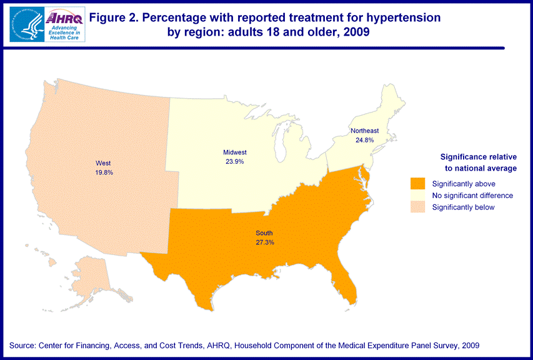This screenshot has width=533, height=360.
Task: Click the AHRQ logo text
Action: [x=64, y=18]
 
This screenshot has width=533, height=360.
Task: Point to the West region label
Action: [x=104, y=163]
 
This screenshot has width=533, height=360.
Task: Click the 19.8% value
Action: [x=104, y=172]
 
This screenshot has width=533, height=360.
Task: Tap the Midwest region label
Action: [x=235, y=152]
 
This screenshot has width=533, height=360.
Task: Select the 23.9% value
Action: [x=235, y=161]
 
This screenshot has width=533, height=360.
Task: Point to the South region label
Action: [x=264, y=233]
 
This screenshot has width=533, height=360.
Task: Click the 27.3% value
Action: [x=264, y=242]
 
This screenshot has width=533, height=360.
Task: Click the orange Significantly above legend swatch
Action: [x=417, y=184]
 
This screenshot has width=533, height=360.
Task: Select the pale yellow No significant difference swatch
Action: [x=417, y=196]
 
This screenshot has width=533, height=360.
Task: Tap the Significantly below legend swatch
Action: [x=417, y=207]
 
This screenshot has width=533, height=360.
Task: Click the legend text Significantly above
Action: [x=463, y=184]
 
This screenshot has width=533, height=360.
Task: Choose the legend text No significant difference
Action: [x=472, y=196]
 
